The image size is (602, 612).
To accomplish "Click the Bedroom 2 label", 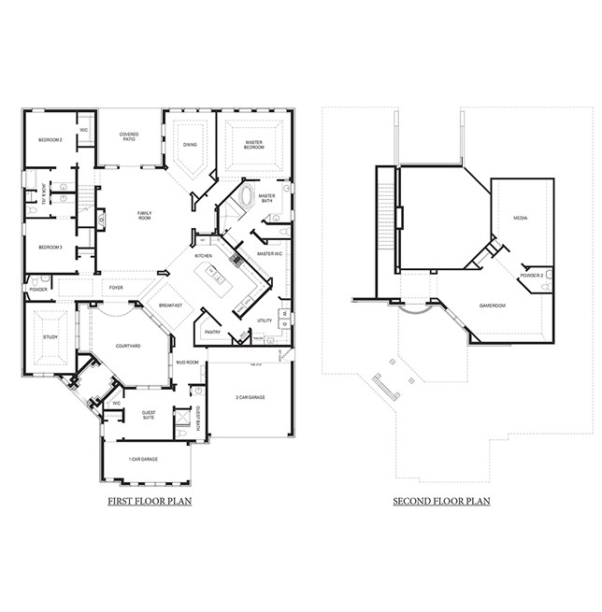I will (x=50, y=139).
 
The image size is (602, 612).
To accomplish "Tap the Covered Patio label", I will (x=129, y=137).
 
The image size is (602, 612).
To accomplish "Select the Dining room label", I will (x=190, y=145).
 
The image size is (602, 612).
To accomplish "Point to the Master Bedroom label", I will (x=253, y=145).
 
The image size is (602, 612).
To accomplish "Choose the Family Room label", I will (x=145, y=216).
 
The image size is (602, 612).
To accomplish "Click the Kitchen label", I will (x=204, y=255).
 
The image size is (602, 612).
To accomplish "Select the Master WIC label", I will (x=269, y=253).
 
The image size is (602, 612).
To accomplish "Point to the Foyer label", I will (x=117, y=288).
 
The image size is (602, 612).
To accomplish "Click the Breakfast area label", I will (x=169, y=306).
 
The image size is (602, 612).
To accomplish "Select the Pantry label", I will (x=212, y=332).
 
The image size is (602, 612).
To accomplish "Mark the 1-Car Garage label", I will (x=143, y=460).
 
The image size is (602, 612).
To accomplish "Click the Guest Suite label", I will (x=149, y=414).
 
